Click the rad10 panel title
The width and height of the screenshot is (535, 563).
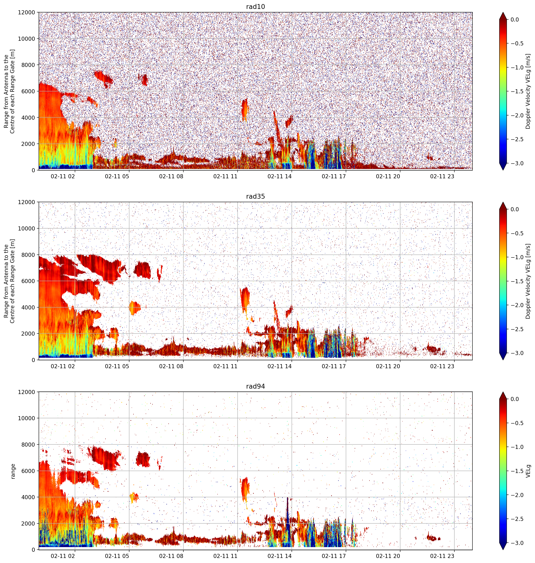(x=255, y=7)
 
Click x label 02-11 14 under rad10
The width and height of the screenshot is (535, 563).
(x=280, y=176)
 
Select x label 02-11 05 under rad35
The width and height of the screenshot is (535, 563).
(x=117, y=366)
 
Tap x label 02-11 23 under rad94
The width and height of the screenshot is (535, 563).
(x=442, y=556)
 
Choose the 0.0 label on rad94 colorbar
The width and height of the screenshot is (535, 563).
(x=519, y=399)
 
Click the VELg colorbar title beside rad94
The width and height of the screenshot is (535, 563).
(x=528, y=471)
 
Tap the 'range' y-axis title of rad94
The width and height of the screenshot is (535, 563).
(x=13, y=471)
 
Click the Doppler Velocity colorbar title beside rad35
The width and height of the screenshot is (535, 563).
(x=528, y=281)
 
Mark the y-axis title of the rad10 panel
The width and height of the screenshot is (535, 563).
(x=9, y=91)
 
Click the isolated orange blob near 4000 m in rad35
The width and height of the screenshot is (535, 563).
(x=135, y=308)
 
